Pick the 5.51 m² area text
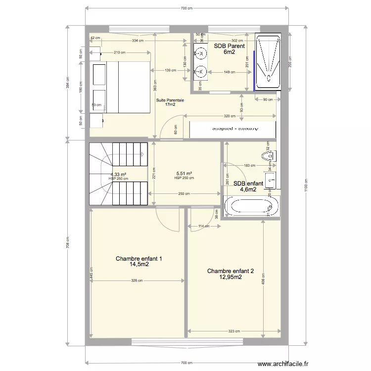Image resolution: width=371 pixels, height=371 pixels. pyautogui.click(x=184, y=174)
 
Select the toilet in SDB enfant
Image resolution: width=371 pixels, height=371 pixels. pyautogui.click(x=270, y=157)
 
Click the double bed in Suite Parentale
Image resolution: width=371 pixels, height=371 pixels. pyautogui.click(x=121, y=87)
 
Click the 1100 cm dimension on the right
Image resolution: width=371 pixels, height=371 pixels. pyautogui.click(x=306, y=187)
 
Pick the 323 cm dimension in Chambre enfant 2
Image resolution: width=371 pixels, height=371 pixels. pyautogui.click(x=234, y=331)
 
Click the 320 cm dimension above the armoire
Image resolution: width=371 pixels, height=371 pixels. pyautogui.click(x=229, y=116)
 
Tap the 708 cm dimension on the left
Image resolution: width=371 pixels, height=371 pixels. pyautogui.click(x=68, y=242)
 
